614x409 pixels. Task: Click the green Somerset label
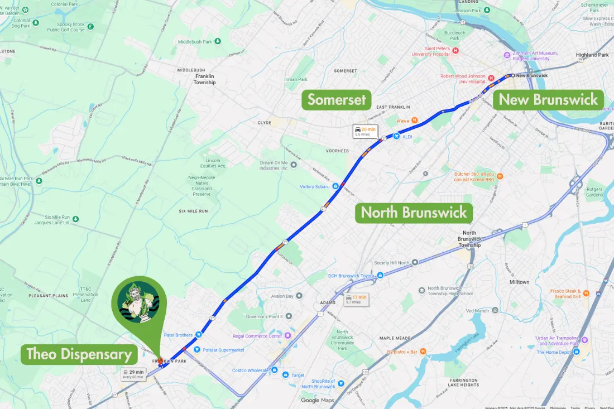[x=337, y=100]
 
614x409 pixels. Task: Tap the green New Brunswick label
[x=548, y=100]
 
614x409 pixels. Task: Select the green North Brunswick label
[x=414, y=213]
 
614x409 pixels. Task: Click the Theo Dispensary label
[x=79, y=354]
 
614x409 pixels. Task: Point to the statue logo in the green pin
[x=139, y=302]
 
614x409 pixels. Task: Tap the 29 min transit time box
[x=133, y=374]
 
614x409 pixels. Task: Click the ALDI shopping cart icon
[x=396, y=136]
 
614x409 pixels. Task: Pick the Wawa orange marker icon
[x=415, y=120]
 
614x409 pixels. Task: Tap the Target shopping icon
[x=285, y=375]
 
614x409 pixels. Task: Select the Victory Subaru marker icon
[x=335, y=186]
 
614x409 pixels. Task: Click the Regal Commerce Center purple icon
[x=288, y=335]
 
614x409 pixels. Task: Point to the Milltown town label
[x=519, y=282]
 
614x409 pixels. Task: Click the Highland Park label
[x=592, y=55]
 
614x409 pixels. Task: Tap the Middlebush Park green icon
[x=218, y=41]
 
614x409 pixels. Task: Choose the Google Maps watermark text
[x=317, y=400]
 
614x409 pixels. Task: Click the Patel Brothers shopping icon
[x=198, y=335]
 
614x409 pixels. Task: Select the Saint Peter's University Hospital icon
[x=455, y=51]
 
